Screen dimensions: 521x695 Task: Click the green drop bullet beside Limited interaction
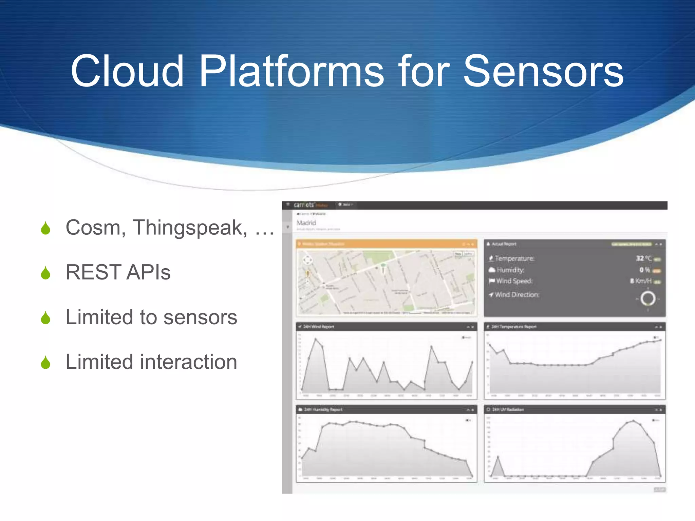(45, 363)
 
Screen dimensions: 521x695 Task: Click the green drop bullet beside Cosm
(45, 228)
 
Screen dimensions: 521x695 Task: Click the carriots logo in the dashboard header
(304, 205)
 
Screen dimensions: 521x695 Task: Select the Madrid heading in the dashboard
(306, 223)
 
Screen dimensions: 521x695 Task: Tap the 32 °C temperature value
(643, 258)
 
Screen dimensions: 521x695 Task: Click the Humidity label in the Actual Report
(510, 270)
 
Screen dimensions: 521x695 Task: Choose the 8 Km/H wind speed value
(641, 281)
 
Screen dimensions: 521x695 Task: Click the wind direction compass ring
(648, 299)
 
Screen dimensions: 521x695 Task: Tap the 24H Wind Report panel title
(318, 327)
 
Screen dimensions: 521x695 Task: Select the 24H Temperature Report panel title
(514, 327)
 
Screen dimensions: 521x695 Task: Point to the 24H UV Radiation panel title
(508, 409)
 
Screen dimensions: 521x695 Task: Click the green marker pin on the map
(383, 266)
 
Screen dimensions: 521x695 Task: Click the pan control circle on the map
(307, 260)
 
